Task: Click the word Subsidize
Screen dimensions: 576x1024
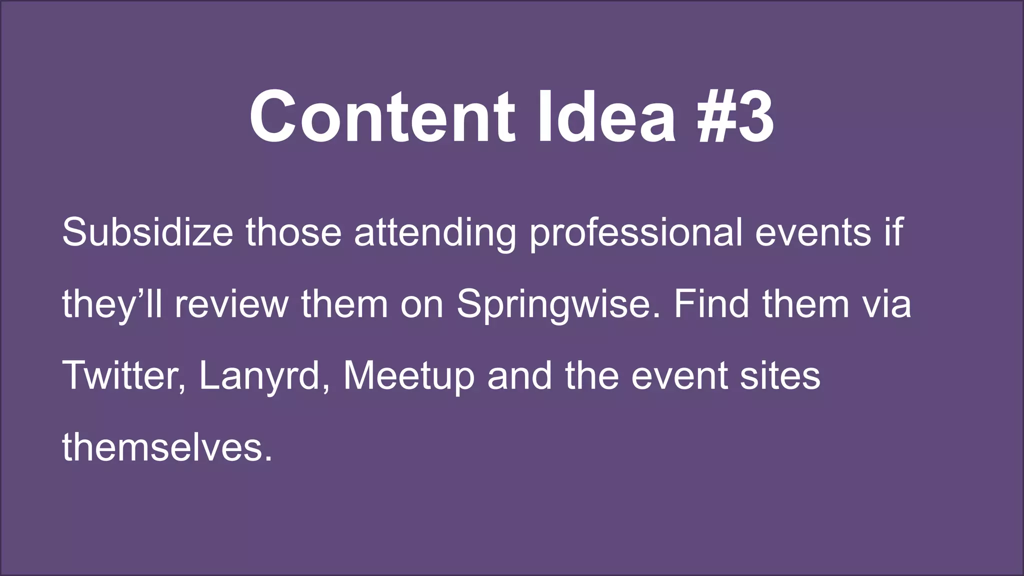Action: [x=147, y=232]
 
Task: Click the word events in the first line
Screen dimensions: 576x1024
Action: [x=813, y=232]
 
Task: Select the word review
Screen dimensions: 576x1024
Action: [x=231, y=304]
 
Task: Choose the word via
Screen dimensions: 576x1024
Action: [x=886, y=304]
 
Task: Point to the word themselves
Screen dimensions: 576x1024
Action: [x=167, y=447]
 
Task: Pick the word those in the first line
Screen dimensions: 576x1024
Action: [x=293, y=232]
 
